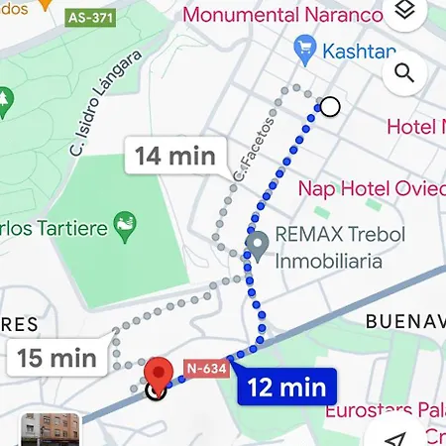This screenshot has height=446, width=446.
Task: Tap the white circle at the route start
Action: pyautogui.click(x=330, y=106)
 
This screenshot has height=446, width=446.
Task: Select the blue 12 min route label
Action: pyautogui.click(x=287, y=388)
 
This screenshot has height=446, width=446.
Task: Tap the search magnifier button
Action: pyautogui.click(x=403, y=72)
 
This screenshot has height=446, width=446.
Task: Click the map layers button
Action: pyautogui.click(x=403, y=11)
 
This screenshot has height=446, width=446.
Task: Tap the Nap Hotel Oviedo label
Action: pyautogui.click(x=371, y=188)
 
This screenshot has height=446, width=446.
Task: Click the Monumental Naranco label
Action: pyautogui.click(x=283, y=15)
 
